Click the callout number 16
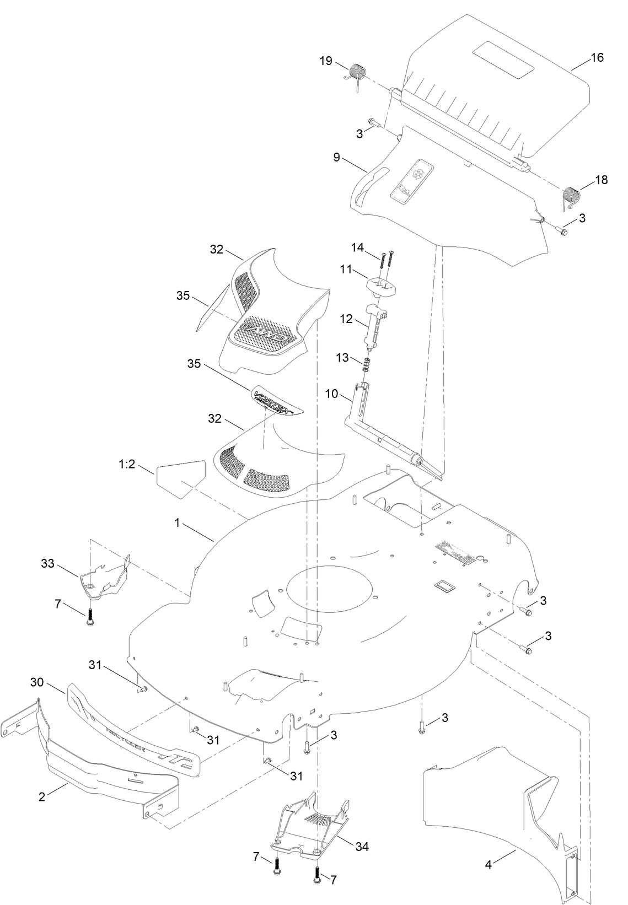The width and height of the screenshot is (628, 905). [x=597, y=57]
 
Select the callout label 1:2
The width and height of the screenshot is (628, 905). [x=127, y=465]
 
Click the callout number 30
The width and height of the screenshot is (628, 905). [x=37, y=682]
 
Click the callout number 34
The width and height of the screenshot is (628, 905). [x=362, y=846]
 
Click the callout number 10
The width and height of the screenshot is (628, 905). [x=331, y=395]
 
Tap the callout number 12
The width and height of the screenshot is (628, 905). [x=345, y=318]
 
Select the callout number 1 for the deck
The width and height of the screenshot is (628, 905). [x=177, y=522]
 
